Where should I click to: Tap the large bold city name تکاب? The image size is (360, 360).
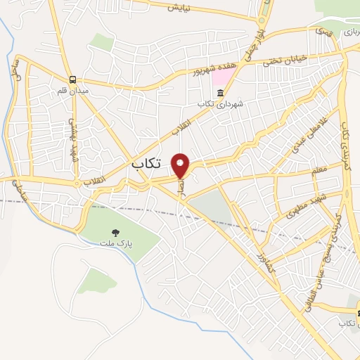point(146,163)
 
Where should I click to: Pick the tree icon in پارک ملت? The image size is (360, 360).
point(115,231)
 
